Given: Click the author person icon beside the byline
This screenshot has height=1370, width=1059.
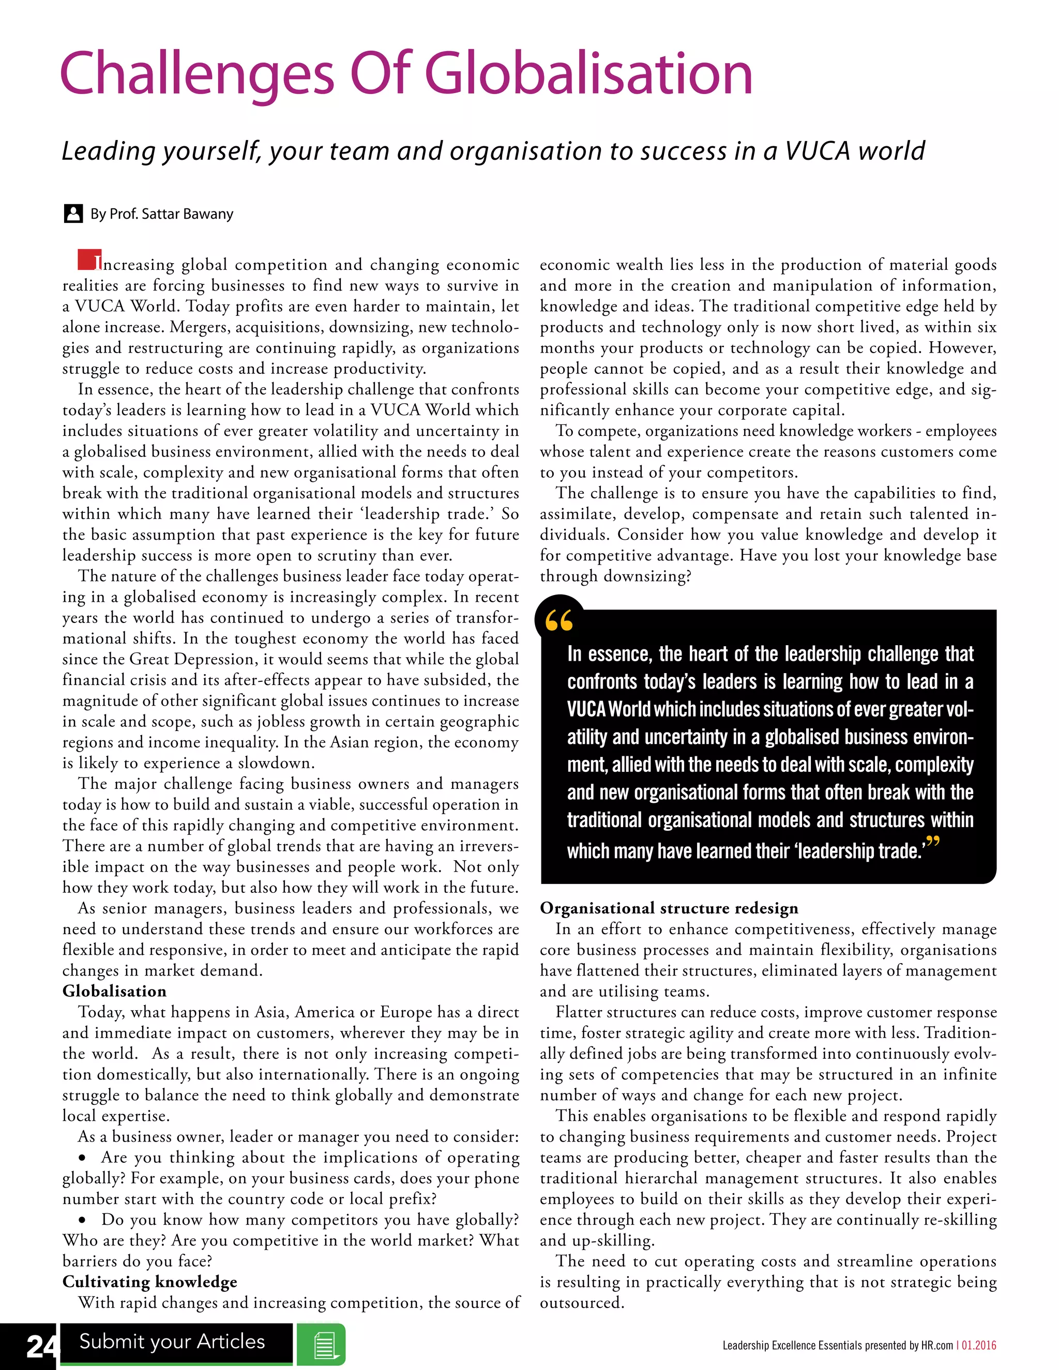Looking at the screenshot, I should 73,214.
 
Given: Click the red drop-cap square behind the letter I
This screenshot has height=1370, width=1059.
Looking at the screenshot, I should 88,260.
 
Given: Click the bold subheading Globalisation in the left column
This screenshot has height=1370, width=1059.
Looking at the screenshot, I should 114,991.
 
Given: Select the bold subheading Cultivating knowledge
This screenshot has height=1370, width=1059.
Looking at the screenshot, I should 149,1282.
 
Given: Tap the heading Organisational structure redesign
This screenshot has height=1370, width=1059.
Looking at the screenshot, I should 669,908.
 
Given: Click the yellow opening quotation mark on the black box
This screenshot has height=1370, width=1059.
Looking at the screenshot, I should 558,621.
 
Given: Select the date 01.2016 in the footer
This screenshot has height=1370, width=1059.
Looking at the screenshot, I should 979,1346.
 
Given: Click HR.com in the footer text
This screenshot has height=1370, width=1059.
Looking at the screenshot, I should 936,1346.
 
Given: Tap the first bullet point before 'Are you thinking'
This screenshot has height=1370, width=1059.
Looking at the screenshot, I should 82,1158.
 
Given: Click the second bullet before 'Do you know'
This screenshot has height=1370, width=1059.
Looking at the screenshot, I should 82,1220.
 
